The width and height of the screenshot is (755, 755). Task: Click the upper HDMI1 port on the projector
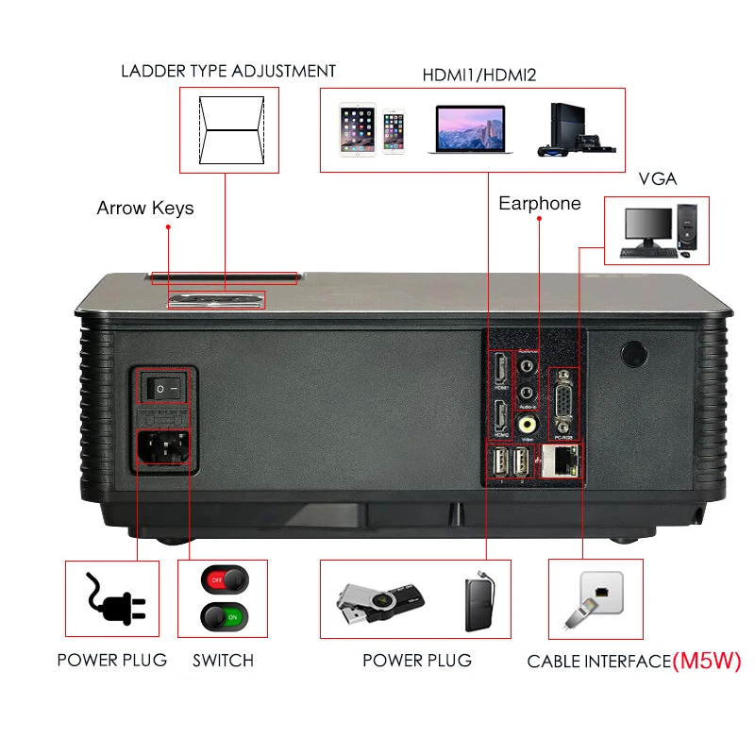click(499, 369)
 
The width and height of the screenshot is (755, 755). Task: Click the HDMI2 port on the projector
click(499, 416)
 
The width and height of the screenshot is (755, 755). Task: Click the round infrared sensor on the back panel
click(632, 353)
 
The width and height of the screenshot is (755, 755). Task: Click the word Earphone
click(540, 204)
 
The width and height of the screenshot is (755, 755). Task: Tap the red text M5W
click(707, 661)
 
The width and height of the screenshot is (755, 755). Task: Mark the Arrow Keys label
click(145, 208)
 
